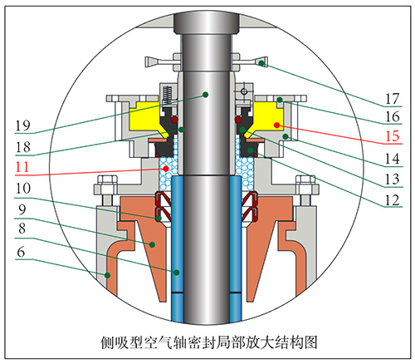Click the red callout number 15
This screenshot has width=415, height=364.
393,136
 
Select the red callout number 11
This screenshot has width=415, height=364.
22,167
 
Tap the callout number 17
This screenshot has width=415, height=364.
393,99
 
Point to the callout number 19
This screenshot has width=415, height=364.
23,125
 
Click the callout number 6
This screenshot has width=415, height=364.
21,252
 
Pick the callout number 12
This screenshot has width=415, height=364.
393,200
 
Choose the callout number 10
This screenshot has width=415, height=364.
23,189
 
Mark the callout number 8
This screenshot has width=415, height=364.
22,229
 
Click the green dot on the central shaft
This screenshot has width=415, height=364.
205,95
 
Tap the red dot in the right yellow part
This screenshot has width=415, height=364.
276,125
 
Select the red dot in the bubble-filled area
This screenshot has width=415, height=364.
166,169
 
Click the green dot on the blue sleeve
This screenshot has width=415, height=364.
177,273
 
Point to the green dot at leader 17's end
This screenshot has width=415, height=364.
261,63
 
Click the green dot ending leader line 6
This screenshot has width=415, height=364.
107,275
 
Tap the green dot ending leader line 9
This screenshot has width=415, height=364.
152,244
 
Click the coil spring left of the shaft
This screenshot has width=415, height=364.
167,95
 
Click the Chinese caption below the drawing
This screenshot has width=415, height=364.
208,342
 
